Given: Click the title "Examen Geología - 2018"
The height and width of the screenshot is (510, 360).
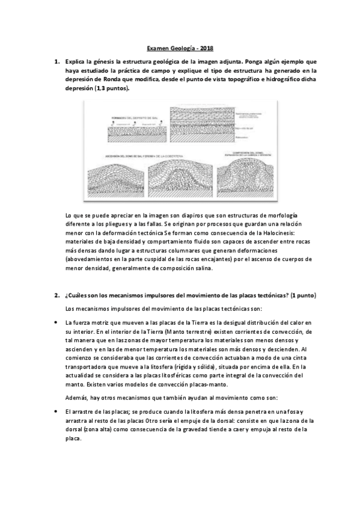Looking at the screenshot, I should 180,49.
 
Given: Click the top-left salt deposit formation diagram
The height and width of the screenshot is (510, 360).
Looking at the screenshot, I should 133,124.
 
